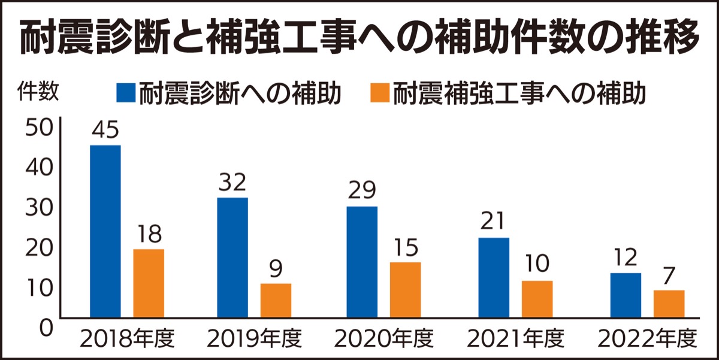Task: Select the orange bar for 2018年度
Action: (149, 283)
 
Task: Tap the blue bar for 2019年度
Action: (232, 257)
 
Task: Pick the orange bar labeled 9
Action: (276, 300)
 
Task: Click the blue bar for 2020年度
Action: (362, 262)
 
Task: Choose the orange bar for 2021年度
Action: (537, 299)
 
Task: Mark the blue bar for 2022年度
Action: (625, 295)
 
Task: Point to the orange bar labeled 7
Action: (669, 304)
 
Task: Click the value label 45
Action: (105, 131)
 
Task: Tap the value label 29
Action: (362, 191)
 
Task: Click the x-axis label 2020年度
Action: (384, 340)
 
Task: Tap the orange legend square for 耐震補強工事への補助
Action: (380, 93)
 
